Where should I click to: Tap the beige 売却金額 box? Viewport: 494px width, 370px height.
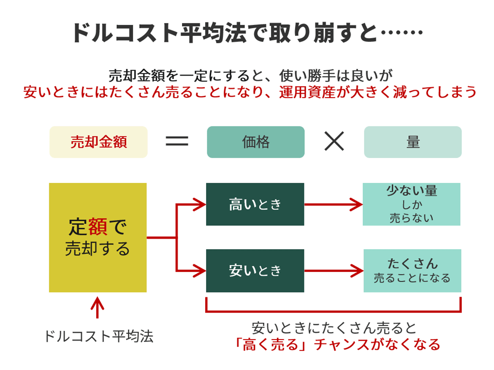98,142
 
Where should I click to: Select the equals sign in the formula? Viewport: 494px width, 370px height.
177,141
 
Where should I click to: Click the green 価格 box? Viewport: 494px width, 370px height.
255,142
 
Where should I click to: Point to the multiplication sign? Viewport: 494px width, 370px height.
334,141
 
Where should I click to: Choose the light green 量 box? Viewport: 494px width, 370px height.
413,142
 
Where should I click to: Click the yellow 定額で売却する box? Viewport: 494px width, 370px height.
98,237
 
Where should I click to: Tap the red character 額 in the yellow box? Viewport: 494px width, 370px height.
98,226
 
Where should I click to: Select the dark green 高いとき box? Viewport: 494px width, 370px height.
255,204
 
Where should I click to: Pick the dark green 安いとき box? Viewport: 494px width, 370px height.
255,271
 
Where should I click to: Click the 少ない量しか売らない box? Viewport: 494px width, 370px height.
412,204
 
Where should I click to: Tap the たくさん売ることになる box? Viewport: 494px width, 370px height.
412,271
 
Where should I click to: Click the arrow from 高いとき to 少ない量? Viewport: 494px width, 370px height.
334,204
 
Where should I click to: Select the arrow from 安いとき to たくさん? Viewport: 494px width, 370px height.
334,271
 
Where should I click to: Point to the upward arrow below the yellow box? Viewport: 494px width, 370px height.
98,307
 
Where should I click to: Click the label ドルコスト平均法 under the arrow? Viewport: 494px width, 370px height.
99,336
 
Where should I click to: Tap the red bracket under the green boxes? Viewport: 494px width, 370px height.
334,311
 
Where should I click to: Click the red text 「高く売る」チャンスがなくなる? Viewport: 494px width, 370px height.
338,344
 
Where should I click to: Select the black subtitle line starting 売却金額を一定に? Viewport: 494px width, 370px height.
250,76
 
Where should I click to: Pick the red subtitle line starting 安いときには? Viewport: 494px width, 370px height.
250,92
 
